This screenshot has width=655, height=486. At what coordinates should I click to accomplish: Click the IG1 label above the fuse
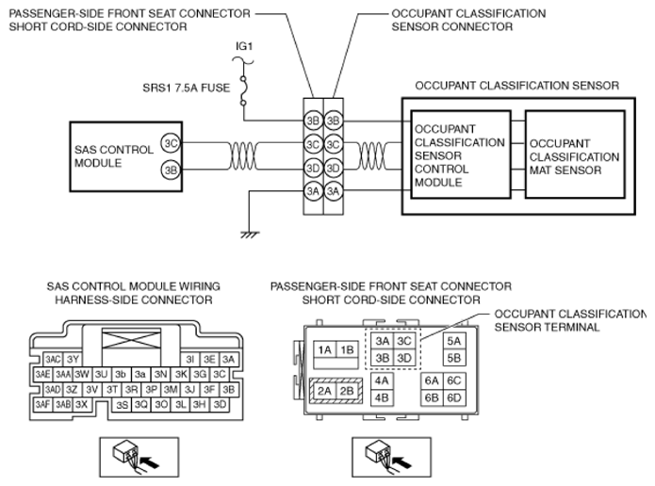pyautogui.click(x=244, y=46)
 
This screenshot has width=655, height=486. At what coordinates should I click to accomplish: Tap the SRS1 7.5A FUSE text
pyautogui.click(x=187, y=89)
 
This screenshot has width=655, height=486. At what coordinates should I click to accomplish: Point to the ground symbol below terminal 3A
pyautogui.click(x=250, y=235)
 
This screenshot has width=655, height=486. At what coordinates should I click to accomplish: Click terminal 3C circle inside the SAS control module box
pyautogui.click(x=171, y=143)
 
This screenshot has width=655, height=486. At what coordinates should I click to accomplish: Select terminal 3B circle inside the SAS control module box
pyautogui.click(x=171, y=170)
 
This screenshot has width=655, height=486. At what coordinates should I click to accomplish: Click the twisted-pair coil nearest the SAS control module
pyautogui.click(x=242, y=155)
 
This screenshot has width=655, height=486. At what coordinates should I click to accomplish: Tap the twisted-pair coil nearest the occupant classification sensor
pyautogui.click(x=371, y=155)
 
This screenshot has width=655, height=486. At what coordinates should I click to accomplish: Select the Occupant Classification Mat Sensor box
pyautogui.click(x=575, y=154)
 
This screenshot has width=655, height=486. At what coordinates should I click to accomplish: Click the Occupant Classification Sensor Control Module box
pyautogui.click(x=461, y=154)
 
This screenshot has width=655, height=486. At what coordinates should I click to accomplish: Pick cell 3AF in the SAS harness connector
pyautogui.click(x=42, y=404)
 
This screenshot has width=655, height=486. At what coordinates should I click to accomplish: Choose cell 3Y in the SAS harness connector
pyautogui.click(x=73, y=359)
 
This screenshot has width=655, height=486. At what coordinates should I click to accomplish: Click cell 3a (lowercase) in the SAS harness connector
pyautogui.click(x=140, y=374)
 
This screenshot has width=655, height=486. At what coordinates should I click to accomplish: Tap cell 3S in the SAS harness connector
pyautogui.click(x=122, y=405)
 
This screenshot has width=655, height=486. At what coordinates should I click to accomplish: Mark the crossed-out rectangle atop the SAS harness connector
pyautogui.click(x=131, y=338)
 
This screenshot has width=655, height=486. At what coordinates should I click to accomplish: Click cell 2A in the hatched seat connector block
pyautogui.click(x=324, y=391)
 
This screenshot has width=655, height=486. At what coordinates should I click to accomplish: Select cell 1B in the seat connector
pyautogui.click(x=347, y=349)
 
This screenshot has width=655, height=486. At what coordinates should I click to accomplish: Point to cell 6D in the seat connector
pyautogui.click(x=454, y=397)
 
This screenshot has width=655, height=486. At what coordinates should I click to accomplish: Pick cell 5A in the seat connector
pyautogui.click(x=454, y=341)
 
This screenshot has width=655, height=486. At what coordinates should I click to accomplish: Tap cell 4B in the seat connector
pyautogui.click(x=382, y=397)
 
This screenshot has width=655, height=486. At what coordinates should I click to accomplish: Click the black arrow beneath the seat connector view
pyautogui.click(x=401, y=462)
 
